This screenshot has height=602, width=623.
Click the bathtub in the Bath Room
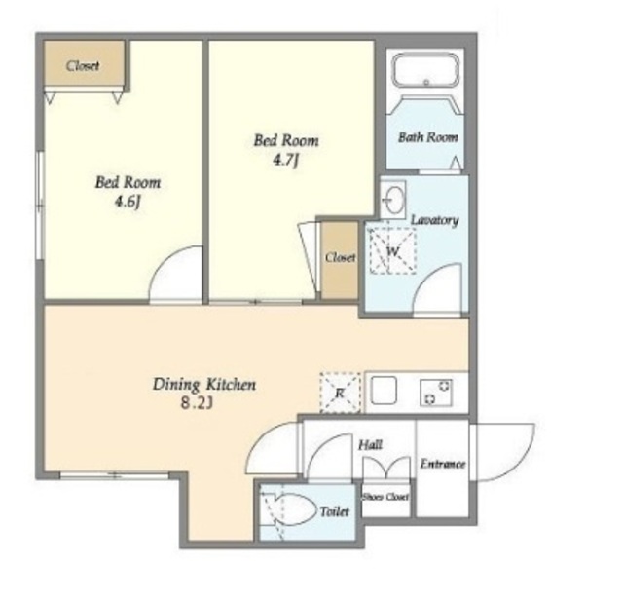click(426, 71)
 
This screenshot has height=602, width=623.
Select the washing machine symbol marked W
click(392, 251)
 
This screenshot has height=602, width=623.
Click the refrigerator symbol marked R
click(340, 393)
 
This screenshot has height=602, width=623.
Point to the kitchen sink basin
click(384, 391)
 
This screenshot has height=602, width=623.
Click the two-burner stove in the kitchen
click(436, 393)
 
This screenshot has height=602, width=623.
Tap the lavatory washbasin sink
click(392, 199)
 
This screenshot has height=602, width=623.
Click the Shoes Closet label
click(385, 497)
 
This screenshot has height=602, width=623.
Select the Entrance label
click(443, 464)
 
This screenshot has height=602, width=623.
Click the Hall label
click(370, 444)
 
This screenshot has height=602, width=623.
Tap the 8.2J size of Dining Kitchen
click(197, 403)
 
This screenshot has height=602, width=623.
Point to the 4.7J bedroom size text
click(285, 160)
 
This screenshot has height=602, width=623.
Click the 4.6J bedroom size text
click(128, 202)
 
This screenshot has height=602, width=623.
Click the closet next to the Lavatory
click(340, 259)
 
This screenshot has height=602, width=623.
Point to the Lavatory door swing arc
click(429, 277)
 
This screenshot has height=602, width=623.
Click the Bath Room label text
click(428, 137)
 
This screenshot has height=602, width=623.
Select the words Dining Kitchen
click(204, 384)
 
